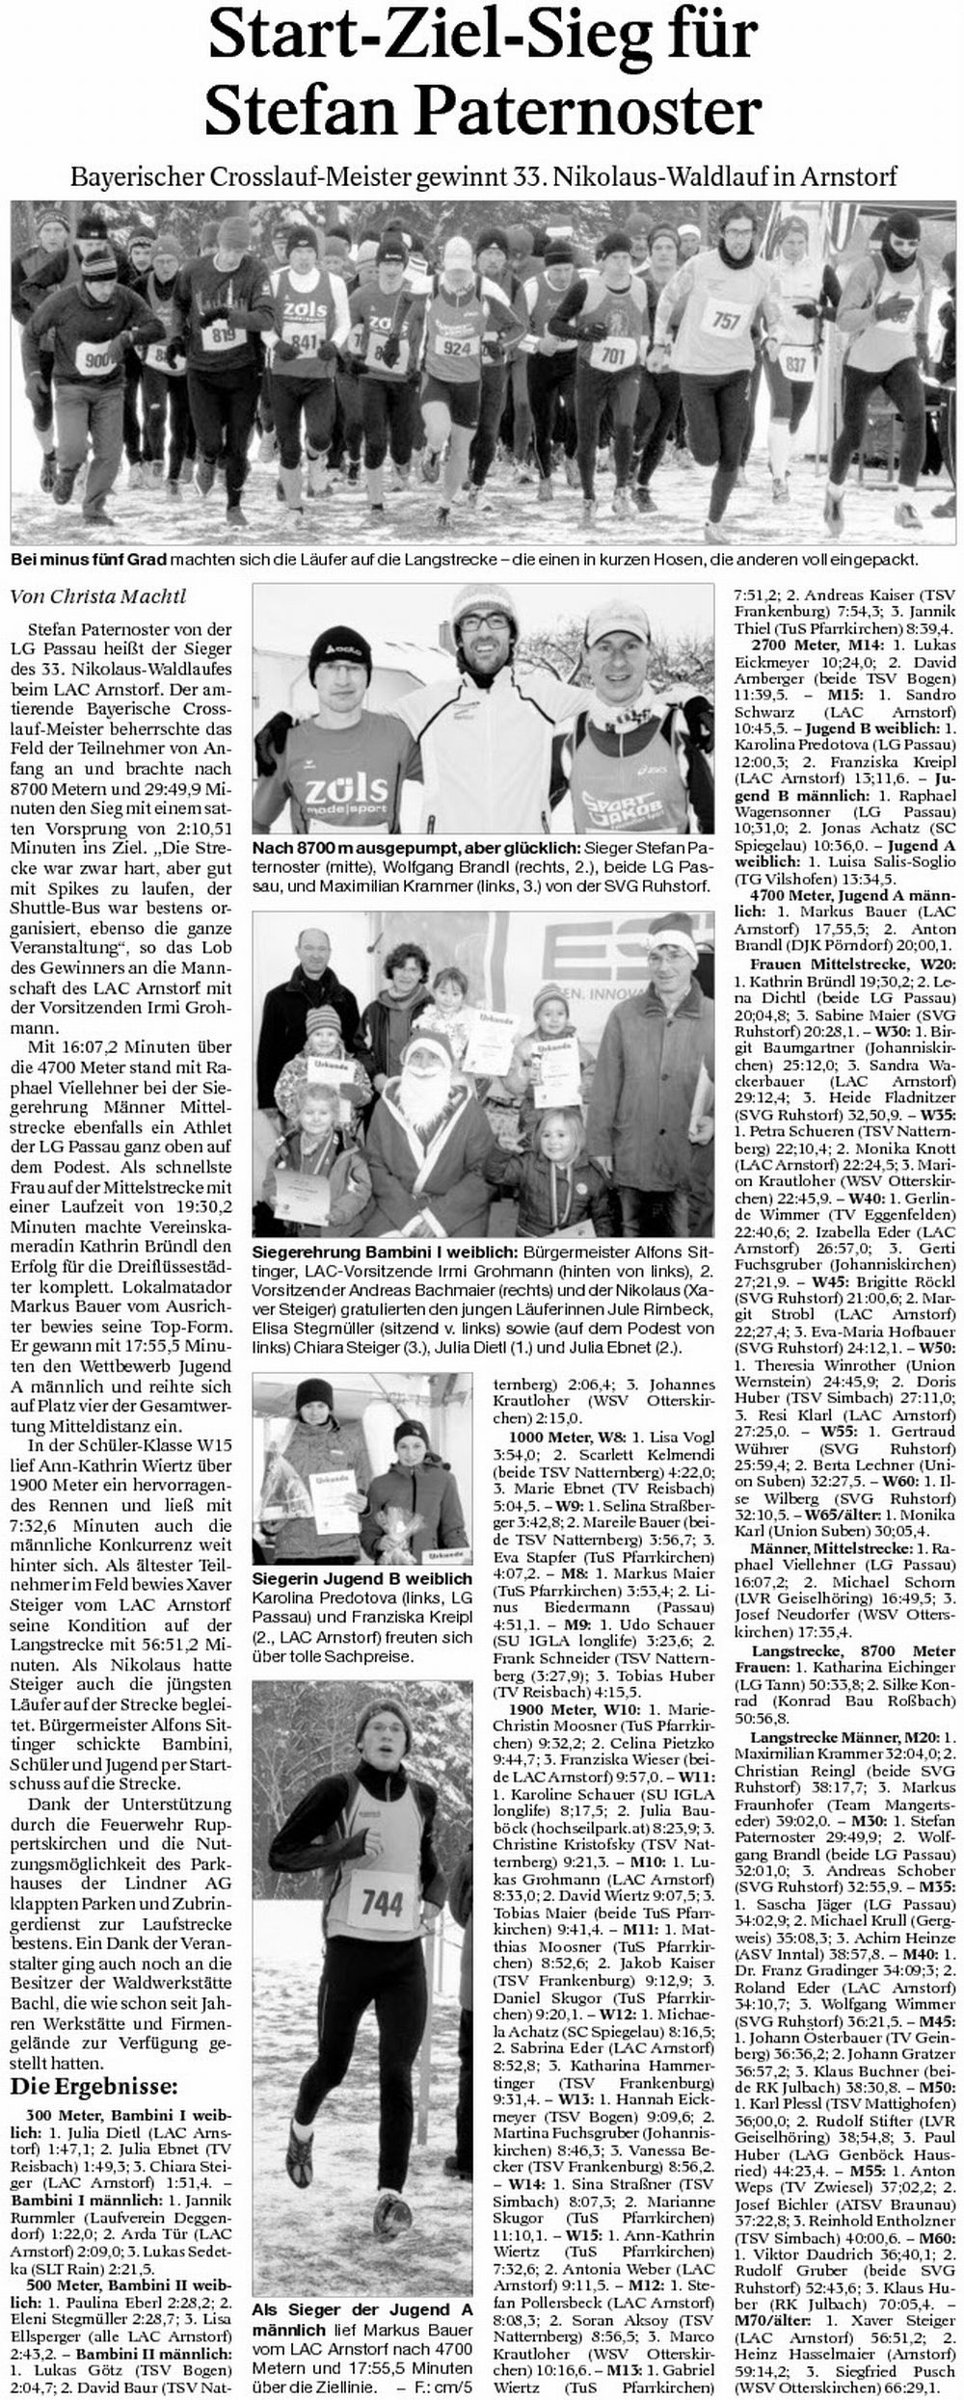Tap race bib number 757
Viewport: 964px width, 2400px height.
tap(724, 320)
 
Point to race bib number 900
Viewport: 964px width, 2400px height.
tap(98, 360)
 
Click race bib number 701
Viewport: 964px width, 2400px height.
tap(613, 356)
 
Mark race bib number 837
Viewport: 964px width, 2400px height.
tap(796, 365)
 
